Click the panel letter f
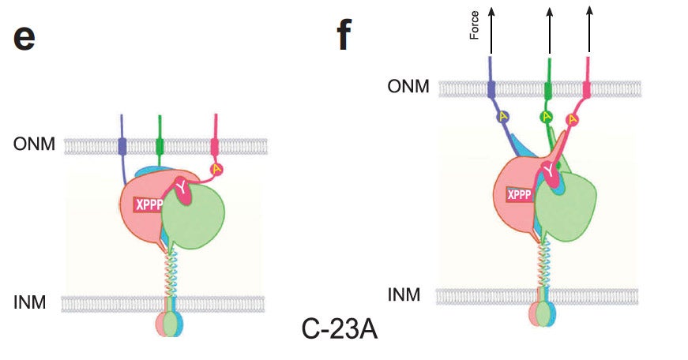(344, 36)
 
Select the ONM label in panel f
(408, 86)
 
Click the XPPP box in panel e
(148, 204)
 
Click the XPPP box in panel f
(519, 194)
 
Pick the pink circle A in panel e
(216, 169)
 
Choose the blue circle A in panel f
(502, 117)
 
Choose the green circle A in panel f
(546, 117)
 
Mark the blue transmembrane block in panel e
(122, 146)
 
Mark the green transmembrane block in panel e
(160, 146)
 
